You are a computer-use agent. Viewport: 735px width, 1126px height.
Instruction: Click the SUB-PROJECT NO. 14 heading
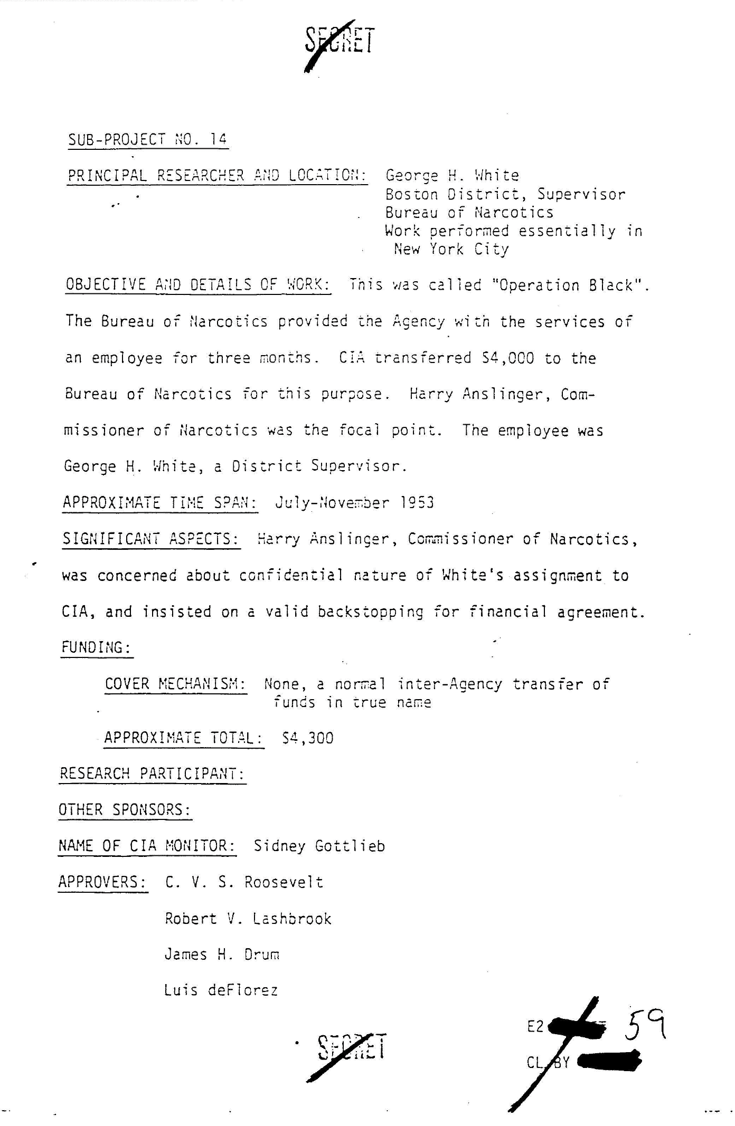(x=148, y=140)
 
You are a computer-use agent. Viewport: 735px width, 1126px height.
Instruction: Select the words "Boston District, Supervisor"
(x=505, y=194)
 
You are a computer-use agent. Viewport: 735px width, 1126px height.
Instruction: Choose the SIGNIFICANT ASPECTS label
(x=151, y=539)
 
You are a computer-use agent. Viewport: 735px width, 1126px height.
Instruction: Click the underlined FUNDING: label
(x=97, y=647)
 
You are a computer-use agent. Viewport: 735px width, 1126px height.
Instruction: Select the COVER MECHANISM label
(x=175, y=684)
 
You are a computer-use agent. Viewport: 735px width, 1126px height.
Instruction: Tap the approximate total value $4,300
(x=308, y=738)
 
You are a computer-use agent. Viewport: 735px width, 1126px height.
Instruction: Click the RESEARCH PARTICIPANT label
(x=152, y=774)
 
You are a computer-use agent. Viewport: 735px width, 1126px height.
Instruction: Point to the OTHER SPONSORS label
(x=125, y=810)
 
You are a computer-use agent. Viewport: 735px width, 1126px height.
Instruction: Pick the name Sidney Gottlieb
(x=319, y=846)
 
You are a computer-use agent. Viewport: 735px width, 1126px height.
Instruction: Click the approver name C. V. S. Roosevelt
(x=244, y=882)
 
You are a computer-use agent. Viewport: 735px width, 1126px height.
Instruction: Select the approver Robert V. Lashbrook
(x=248, y=919)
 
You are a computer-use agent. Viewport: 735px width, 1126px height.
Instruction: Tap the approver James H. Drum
(x=222, y=955)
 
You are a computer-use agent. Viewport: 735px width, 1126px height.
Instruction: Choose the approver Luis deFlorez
(x=221, y=990)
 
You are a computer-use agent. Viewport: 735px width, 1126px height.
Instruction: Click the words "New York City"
(x=451, y=249)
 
